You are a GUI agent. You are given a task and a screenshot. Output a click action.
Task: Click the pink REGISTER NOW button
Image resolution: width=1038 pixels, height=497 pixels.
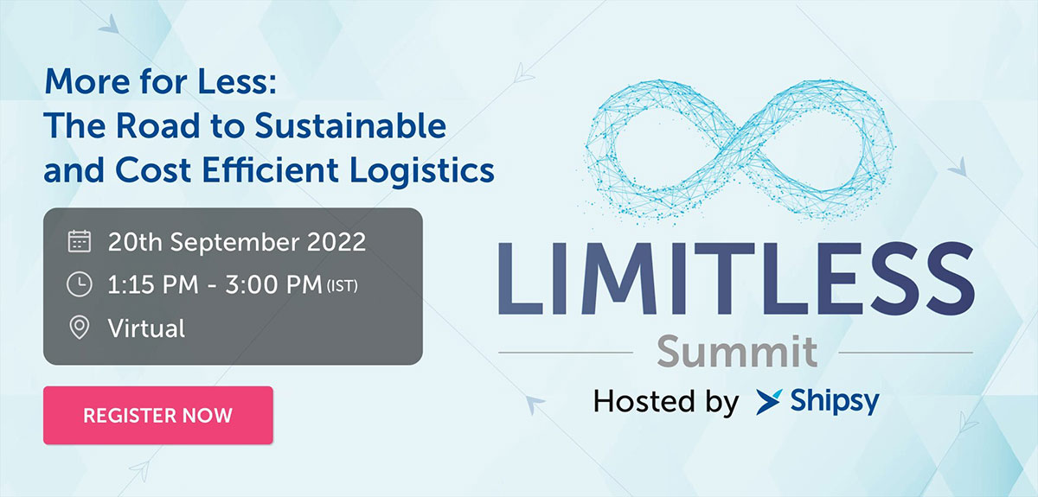tap(157, 415)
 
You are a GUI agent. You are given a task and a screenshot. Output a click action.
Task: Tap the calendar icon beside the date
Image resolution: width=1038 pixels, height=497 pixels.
tap(79, 241)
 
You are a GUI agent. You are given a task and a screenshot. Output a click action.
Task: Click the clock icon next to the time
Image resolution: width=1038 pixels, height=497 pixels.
tap(79, 284)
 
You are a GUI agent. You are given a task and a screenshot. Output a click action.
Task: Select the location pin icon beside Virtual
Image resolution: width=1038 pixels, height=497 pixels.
tap(79, 328)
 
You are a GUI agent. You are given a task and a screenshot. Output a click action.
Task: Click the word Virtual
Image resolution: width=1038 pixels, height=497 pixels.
tap(146, 328)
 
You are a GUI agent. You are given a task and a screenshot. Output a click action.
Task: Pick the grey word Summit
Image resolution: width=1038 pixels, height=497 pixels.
tap(735, 352)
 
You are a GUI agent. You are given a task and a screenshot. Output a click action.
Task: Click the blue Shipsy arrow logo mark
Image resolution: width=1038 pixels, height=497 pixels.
tap(768, 402)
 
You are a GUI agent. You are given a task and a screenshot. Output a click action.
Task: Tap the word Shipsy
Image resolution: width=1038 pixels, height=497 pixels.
tap(834, 402)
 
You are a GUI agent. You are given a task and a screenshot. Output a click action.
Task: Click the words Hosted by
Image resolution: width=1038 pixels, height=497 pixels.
tap(665, 402)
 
